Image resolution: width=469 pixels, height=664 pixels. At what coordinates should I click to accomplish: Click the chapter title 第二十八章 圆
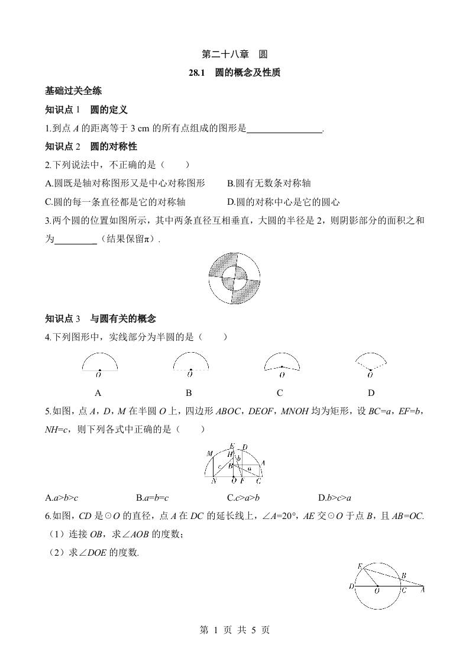[234, 54]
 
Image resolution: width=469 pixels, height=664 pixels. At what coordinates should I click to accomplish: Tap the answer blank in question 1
[284, 128]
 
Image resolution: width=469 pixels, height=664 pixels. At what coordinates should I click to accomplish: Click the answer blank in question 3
[75, 239]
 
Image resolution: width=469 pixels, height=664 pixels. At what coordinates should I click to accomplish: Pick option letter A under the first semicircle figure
[99, 392]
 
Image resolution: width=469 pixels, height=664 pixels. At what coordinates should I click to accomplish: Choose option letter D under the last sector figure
[371, 392]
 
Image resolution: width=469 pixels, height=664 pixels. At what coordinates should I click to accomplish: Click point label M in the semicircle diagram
[209, 454]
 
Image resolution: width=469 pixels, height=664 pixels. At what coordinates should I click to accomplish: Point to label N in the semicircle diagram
[214, 481]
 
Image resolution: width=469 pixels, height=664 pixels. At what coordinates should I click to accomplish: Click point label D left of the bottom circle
[351, 586]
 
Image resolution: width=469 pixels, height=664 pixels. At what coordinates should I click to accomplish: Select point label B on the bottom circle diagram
[403, 575]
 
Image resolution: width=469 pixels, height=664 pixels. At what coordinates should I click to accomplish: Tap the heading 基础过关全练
[73, 91]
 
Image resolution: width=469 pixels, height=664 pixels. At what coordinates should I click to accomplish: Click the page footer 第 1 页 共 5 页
[234, 630]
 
